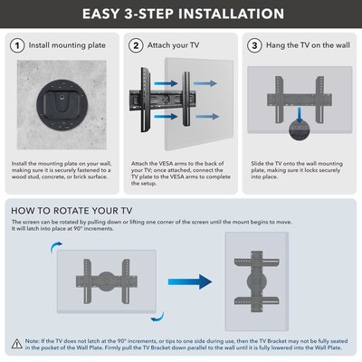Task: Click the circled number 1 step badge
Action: pos(18,44)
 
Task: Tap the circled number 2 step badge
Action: pos(136,44)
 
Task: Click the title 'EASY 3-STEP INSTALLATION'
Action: pos(181,14)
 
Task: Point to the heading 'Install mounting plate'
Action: pos(65,44)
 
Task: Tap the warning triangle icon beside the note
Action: pos(18,344)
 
